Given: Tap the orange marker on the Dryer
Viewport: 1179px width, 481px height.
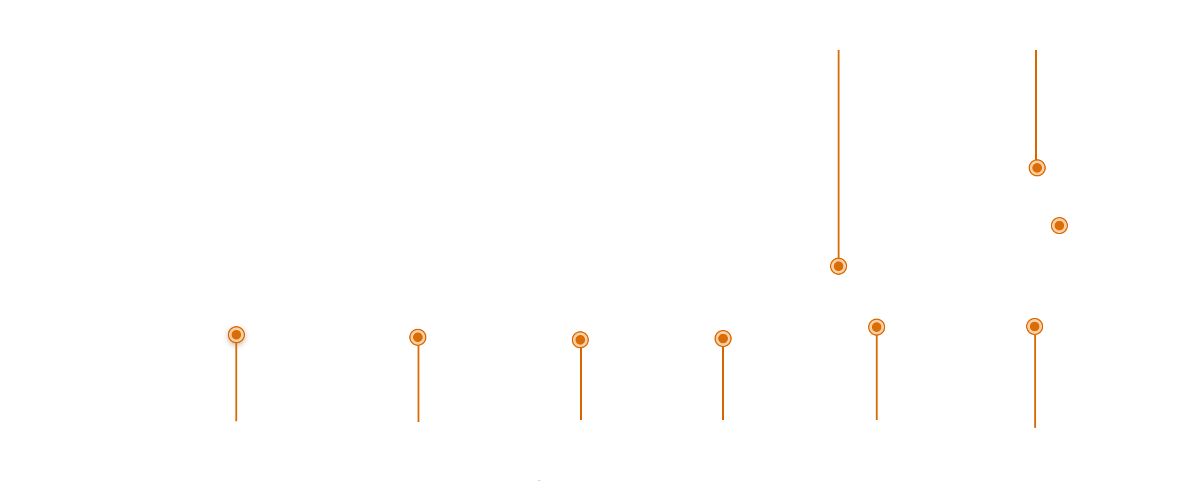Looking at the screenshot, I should point(876,327).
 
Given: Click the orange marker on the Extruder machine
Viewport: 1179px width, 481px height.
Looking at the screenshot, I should point(838,266).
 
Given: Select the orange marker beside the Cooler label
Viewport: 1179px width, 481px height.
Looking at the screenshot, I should point(1058,225).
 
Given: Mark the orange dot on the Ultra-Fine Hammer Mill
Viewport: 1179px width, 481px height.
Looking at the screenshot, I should point(580,339).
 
